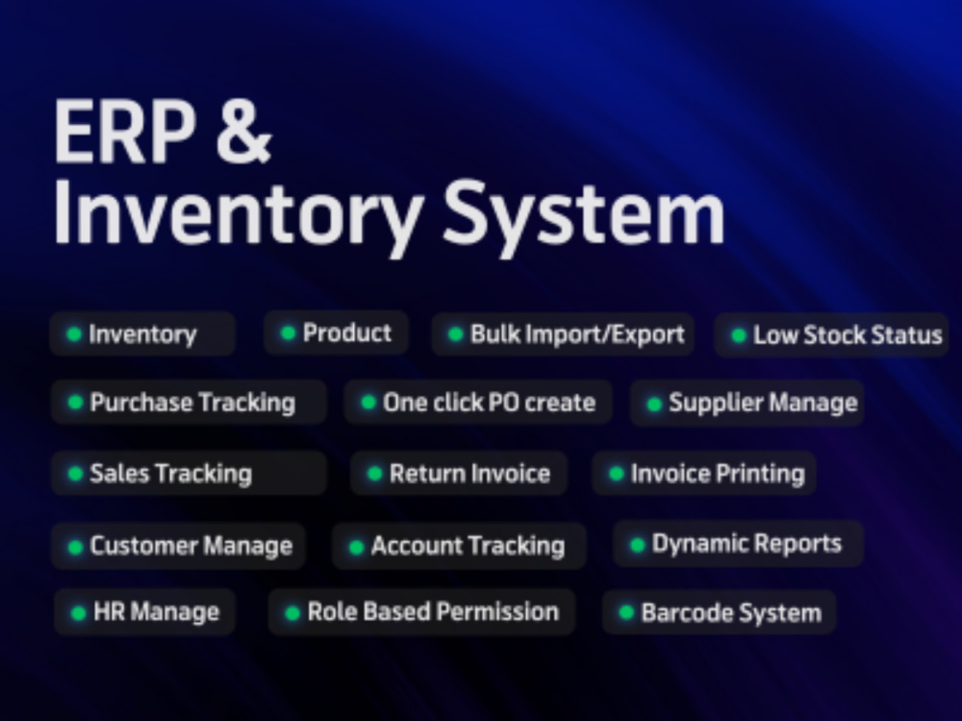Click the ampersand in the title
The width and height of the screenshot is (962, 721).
click(x=243, y=131)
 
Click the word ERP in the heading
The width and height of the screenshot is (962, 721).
click(x=124, y=131)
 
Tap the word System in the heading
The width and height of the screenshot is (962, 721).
click(x=584, y=212)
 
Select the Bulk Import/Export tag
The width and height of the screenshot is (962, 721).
click(x=563, y=335)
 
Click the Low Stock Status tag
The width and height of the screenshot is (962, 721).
click(x=831, y=335)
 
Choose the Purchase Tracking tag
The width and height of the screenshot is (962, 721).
click(x=189, y=402)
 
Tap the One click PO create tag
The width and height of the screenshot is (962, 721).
click(x=478, y=402)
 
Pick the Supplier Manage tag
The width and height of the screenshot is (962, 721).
click(x=747, y=403)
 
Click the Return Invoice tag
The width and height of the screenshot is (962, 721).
click(x=459, y=473)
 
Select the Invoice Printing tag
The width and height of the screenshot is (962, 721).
click(x=704, y=473)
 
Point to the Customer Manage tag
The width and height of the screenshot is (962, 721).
click(x=178, y=546)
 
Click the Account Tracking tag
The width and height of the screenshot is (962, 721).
click(x=459, y=546)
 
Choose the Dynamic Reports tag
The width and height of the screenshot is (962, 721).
click(x=739, y=544)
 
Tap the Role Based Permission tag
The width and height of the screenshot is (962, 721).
click(x=421, y=611)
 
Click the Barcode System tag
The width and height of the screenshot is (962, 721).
click(x=719, y=612)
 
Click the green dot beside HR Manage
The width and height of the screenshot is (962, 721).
click(x=79, y=613)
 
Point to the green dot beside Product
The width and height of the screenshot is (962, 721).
click(x=288, y=333)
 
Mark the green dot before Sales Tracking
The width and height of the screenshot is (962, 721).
click(x=75, y=474)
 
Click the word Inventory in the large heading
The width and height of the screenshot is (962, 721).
click(x=238, y=212)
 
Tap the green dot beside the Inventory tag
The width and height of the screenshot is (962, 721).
click(x=74, y=335)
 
